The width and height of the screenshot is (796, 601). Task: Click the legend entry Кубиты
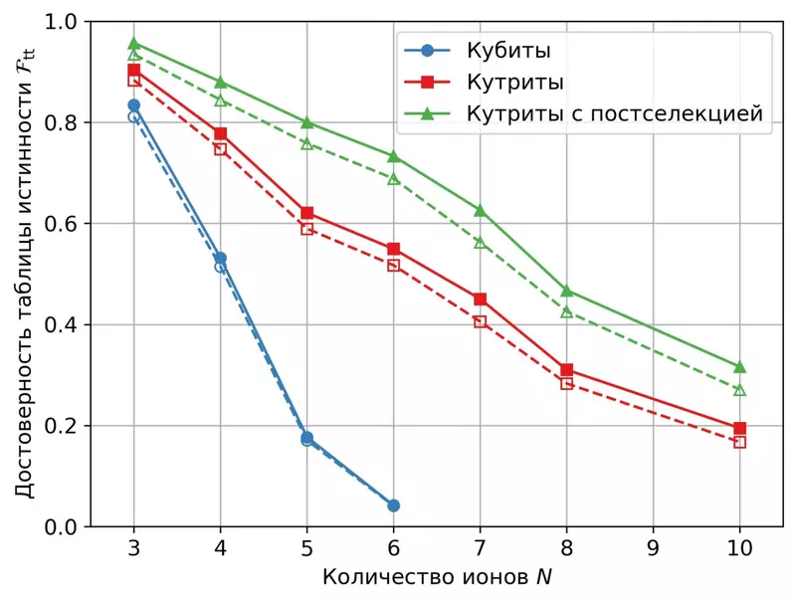click(x=508, y=50)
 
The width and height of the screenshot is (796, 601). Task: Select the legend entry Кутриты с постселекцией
click(x=614, y=113)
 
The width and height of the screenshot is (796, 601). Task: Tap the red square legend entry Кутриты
click(x=515, y=82)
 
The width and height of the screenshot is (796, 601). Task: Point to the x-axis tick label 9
click(x=653, y=548)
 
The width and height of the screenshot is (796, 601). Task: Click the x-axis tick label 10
click(x=739, y=548)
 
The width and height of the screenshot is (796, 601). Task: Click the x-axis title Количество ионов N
click(x=437, y=577)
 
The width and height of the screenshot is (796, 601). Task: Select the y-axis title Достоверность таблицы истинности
click(x=26, y=274)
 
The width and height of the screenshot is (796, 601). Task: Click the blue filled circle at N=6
click(x=393, y=505)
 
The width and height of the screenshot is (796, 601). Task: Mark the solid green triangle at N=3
click(x=133, y=44)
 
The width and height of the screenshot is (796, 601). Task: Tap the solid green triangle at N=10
click(x=739, y=367)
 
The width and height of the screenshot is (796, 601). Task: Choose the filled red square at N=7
click(x=480, y=300)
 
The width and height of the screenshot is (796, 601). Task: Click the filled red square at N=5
click(x=306, y=213)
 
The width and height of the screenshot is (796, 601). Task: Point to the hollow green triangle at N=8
click(x=566, y=311)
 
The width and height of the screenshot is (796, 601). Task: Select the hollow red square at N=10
click(x=739, y=442)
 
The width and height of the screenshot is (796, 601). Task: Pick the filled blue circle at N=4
click(x=220, y=258)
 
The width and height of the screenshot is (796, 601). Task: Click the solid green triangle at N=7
click(x=480, y=210)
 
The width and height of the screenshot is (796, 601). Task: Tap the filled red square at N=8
click(x=566, y=370)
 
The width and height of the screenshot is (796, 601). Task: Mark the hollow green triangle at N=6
click(x=393, y=179)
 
